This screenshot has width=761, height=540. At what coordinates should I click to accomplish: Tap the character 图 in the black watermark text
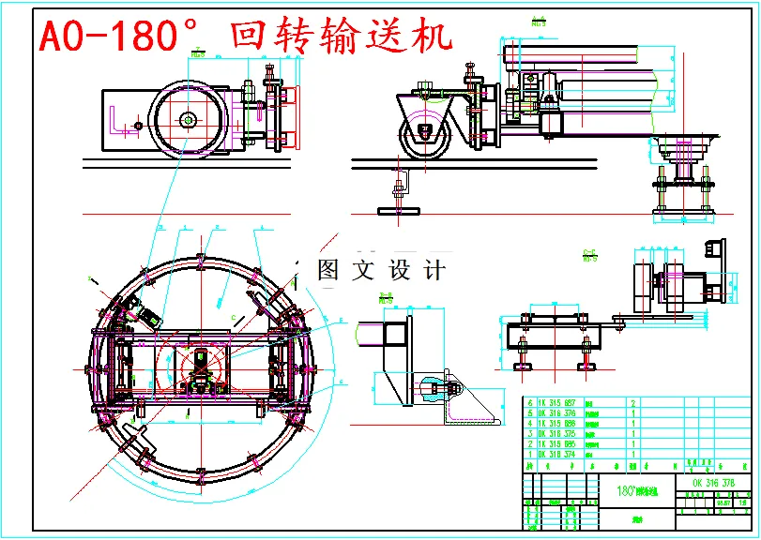pyautogui.click(x=328, y=270)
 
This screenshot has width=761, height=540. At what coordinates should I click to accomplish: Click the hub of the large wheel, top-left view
pyautogui.click(x=188, y=119)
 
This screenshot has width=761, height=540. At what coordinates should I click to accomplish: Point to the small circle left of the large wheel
pyautogui.click(x=138, y=125)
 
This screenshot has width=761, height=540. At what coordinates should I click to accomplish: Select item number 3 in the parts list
pyautogui.click(x=530, y=433)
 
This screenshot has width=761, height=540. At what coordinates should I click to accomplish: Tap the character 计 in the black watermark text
pyautogui.click(x=434, y=270)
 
